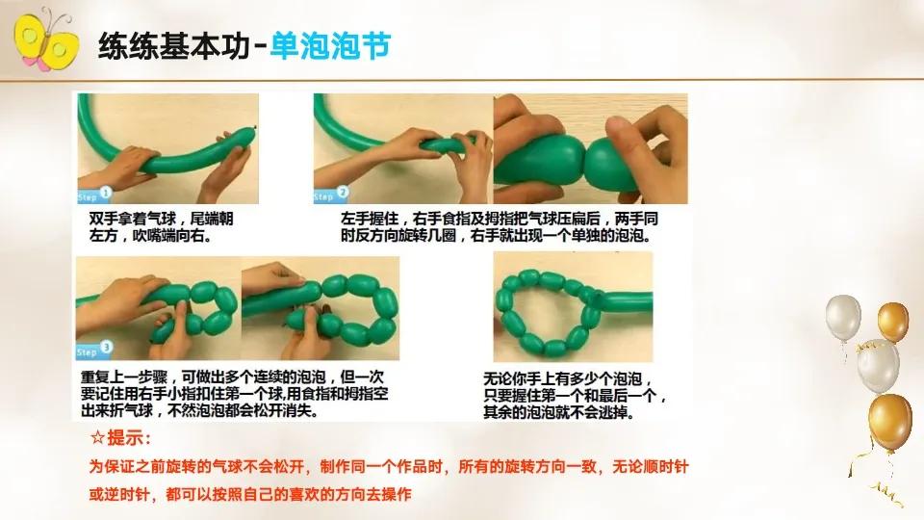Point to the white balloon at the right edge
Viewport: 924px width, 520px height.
click(x=845, y=318)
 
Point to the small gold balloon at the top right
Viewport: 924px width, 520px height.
click(x=892, y=321)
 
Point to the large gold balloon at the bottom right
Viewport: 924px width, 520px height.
click(x=889, y=418)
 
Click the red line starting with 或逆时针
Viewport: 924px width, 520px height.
click(x=250, y=494)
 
